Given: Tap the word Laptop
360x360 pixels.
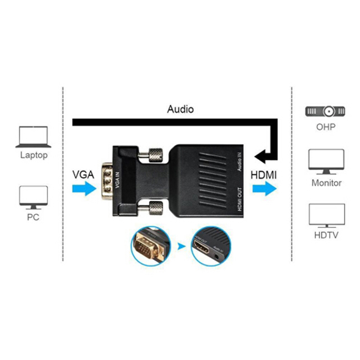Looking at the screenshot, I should coord(34,156).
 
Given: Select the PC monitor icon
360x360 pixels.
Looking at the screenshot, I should coord(33,198).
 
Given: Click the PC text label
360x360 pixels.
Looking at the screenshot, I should coord(33,217).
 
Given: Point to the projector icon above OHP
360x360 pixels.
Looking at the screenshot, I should coord(325,111).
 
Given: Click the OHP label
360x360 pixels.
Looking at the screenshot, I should coord(326,127).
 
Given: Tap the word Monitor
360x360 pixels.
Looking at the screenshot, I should coord(326,183).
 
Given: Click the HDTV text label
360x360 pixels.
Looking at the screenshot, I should coord(326,235).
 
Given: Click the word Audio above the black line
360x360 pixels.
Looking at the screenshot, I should coord(180,109).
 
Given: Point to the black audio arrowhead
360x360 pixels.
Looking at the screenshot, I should coord(260,157).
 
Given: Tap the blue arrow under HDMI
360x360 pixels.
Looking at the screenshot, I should coord(264,189).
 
